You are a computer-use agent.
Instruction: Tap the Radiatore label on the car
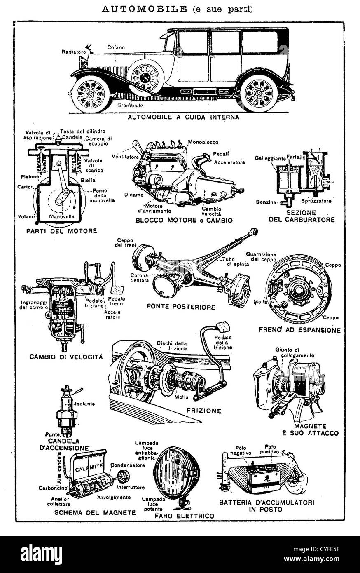coord(74,52)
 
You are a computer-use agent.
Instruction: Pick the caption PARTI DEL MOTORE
coord(61,231)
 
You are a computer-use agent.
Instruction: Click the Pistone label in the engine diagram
coord(30,177)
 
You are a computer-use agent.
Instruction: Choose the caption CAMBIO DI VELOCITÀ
coord(66,356)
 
